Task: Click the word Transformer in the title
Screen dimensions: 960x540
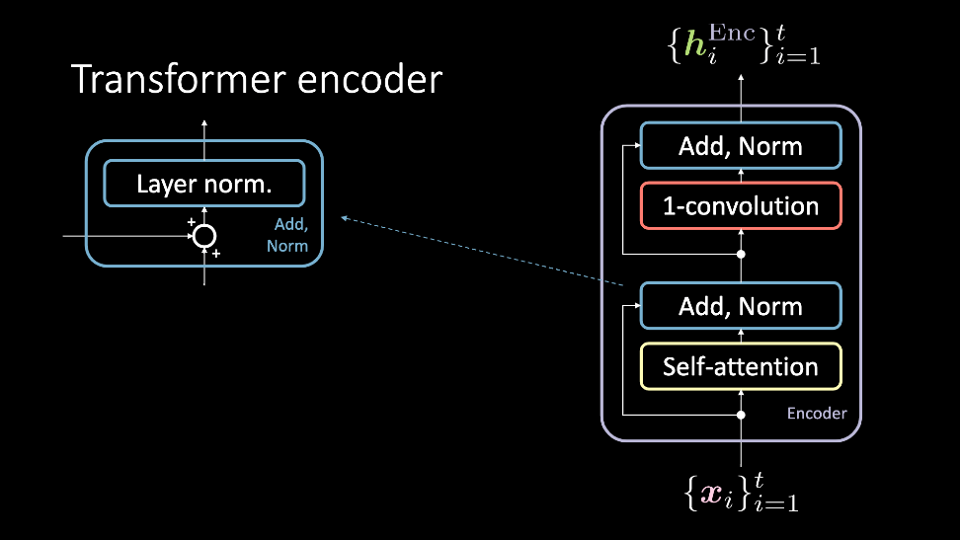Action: [x=179, y=80]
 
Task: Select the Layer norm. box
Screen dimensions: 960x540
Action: [x=204, y=184]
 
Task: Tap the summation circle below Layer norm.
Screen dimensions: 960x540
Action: [x=204, y=236]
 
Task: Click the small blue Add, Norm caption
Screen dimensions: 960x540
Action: [x=287, y=235]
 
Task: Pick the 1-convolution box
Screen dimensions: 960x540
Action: [x=741, y=205]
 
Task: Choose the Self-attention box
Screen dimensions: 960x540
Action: [x=741, y=366]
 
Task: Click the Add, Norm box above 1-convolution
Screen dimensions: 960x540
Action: [x=741, y=146]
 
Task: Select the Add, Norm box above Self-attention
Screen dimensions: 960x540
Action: [x=741, y=306]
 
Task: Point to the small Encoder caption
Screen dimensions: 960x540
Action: [x=817, y=414]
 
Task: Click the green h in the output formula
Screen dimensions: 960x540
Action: [x=695, y=45]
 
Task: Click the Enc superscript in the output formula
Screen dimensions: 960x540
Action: [x=732, y=33]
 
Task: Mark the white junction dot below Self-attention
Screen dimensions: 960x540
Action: [x=741, y=415]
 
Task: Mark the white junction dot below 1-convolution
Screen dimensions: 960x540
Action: [x=741, y=254]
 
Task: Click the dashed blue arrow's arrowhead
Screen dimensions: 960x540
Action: [x=345, y=218]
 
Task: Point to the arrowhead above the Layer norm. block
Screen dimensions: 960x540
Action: [x=204, y=123]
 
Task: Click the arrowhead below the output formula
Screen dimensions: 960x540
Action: [x=741, y=78]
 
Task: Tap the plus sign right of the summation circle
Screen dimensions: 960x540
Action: [x=216, y=253]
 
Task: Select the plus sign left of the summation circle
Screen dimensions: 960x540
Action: [x=191, y=222]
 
